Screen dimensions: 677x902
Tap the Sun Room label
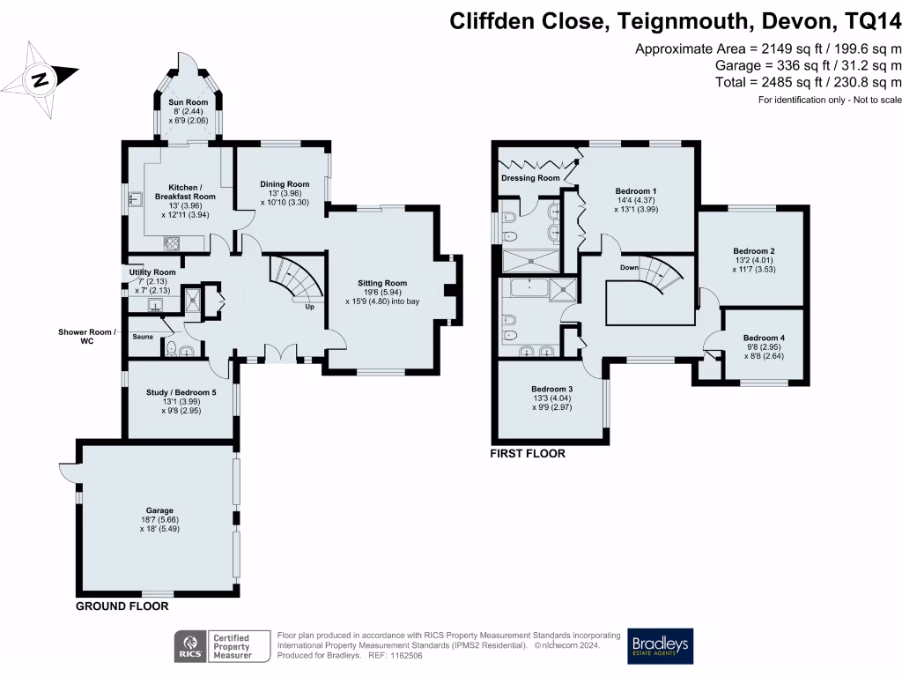(186, 103)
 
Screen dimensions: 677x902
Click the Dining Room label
(285, 183)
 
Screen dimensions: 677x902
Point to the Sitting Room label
(383, 282)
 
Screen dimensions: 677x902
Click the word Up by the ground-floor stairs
(309, 308)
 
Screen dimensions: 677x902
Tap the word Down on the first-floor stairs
(629, 267)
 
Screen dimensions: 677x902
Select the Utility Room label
(152, 272)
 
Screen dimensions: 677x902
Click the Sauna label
(143, 337)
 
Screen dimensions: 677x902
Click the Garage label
(159, 510)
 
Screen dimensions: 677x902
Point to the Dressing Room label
(530, 178)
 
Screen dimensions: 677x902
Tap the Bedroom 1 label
(636, 191)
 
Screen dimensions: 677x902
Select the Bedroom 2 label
(753, 250)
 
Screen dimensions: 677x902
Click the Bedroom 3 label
(552, 389)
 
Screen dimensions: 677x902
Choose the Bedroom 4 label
(764, 338)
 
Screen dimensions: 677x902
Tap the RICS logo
(187, 646)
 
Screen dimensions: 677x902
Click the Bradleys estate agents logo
(661, 646)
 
